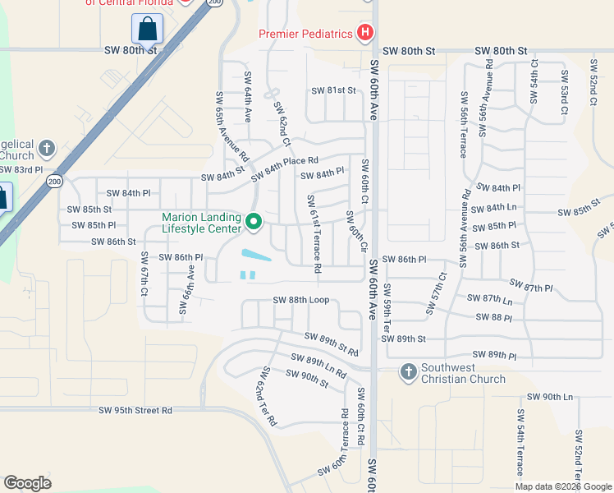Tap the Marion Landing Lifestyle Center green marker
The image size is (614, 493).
(254, 222)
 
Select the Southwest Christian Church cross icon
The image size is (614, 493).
(408, 372)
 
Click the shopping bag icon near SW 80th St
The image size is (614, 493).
(147, 29)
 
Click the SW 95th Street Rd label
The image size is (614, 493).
(135, 410)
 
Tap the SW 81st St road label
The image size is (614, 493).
(333, 90)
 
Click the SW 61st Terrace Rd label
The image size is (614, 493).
(313, 233)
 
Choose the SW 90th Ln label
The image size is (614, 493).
(550, 397)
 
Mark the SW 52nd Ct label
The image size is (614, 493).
(593, 82)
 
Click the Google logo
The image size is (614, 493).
(28, 483)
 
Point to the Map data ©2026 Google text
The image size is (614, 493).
(562, 486)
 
